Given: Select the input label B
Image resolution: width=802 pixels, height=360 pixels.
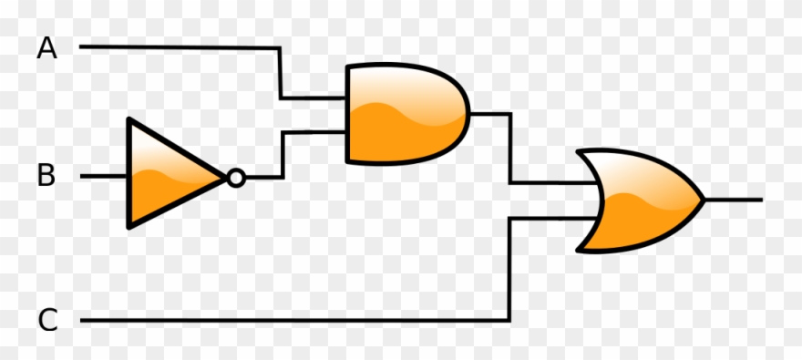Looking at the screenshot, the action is click(x=46, y=176).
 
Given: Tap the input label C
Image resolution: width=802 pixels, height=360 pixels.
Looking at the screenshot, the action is click(x=47, y=321).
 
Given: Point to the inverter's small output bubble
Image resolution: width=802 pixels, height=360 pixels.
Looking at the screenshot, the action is click(x=236, y=178).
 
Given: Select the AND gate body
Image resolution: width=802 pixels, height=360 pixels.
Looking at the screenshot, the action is click(x=401, y=114).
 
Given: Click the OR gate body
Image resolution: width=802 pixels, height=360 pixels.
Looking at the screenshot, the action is click(x=638, y=201).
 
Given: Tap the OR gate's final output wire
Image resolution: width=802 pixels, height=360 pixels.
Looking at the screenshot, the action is click(x=734, y=199).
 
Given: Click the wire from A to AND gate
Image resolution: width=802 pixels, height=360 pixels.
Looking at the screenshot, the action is click(x=182, y=46).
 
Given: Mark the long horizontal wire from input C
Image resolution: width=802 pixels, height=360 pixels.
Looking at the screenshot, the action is click(x=292, y=321).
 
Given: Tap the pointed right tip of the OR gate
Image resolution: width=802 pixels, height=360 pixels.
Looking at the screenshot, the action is click(x=703, y=199).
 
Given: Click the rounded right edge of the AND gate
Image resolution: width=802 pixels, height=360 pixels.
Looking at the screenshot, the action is click(x=468, y=115).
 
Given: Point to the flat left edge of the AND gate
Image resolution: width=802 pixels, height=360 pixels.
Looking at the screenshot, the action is click(x=347, y=114).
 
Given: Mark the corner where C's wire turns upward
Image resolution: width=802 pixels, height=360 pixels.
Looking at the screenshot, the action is click(x=509, y=320).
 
